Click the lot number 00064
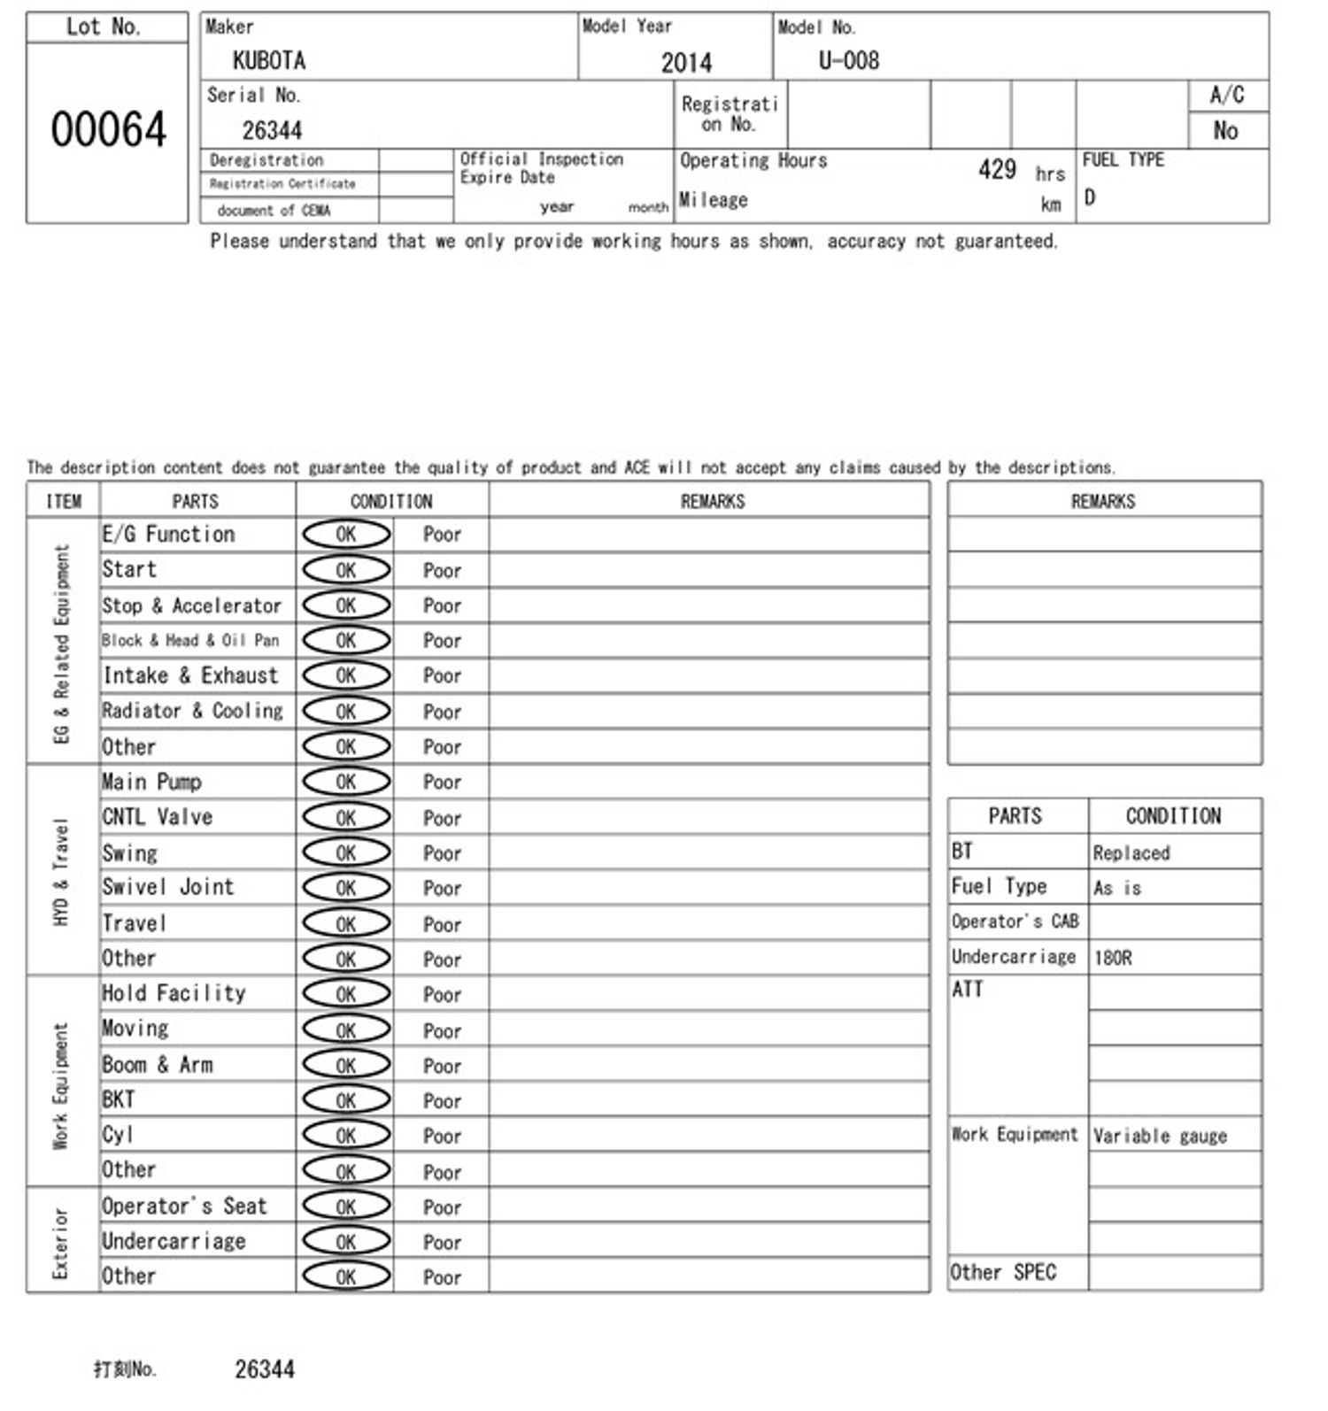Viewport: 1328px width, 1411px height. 108,129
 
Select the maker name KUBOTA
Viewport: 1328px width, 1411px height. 269,60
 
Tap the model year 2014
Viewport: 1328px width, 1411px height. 686,62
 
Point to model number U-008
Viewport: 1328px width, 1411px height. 848,60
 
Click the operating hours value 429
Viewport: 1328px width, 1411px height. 997,169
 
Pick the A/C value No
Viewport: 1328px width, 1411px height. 1225,131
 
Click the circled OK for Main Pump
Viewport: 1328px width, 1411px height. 346,782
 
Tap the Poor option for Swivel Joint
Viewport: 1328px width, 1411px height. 442,889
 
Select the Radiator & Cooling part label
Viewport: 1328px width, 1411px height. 192,711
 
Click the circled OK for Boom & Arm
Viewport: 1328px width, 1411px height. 346,1065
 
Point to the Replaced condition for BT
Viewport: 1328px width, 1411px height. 1131,852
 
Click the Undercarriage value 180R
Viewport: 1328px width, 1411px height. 1113,958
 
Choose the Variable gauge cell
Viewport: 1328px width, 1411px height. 1160,1136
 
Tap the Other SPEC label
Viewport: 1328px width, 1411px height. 1003,1272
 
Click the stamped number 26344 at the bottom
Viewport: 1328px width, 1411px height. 265,1369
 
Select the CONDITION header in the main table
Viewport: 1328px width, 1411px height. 391,501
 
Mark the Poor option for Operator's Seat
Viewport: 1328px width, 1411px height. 442,1207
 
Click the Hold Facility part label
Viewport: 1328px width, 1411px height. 174,993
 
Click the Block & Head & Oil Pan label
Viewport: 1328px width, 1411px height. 190,640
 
